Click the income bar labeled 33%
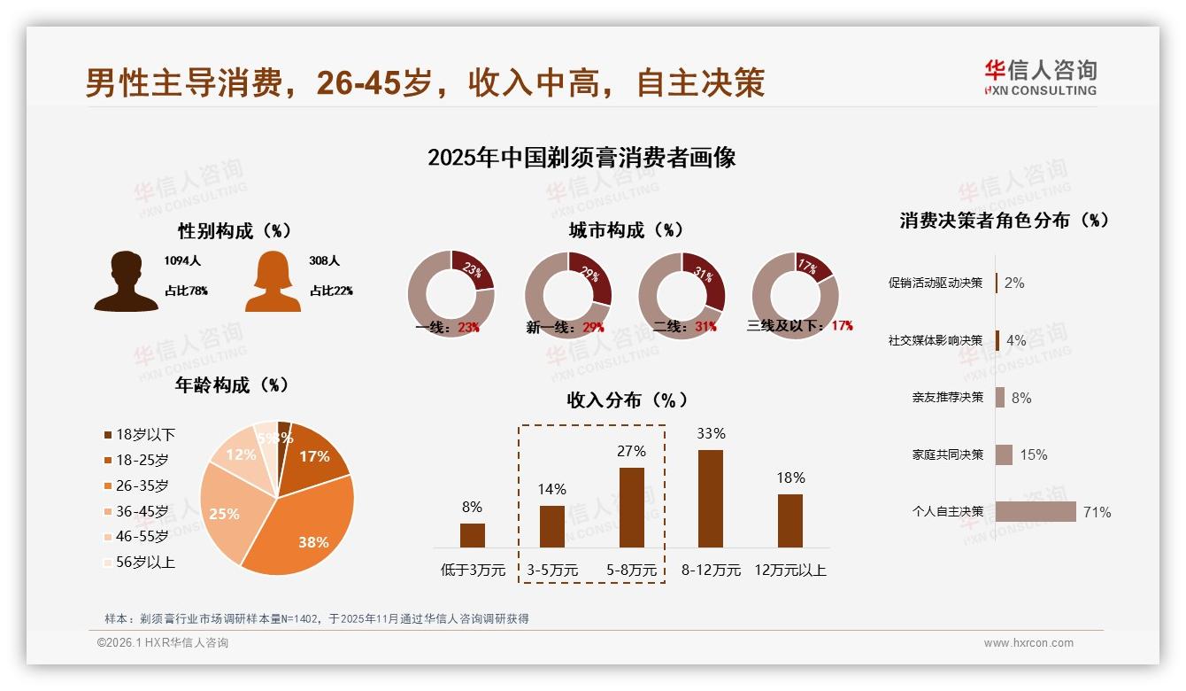[711, 498]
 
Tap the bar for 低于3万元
[473, 535]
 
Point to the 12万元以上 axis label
[790, 570]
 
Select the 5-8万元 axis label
[632, 570]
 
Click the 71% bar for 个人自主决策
[1036, 511]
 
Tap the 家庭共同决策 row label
[948, 454]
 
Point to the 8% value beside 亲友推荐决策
[1021, 398]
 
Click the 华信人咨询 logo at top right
[1040, 77]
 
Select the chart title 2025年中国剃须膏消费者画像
[581, 158]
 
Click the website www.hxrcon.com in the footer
[1028, 643]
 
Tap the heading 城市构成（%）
[627, 230]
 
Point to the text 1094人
[183, 261]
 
